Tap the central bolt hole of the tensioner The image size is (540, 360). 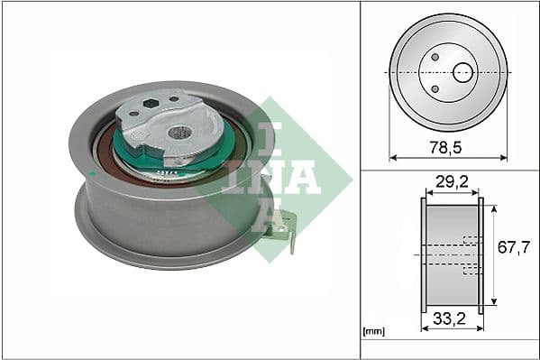tap(180, 133)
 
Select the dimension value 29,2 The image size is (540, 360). tap(452, 182)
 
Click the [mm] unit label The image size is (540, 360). tap(372, 331)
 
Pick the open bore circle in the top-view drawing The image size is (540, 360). tap(462, 72)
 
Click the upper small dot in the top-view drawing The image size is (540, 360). tap(435, 58)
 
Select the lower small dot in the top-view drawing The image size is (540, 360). tap(435, 88)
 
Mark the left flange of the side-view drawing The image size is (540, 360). tap(423, 255)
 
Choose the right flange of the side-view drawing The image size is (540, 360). tap(481, 255)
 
